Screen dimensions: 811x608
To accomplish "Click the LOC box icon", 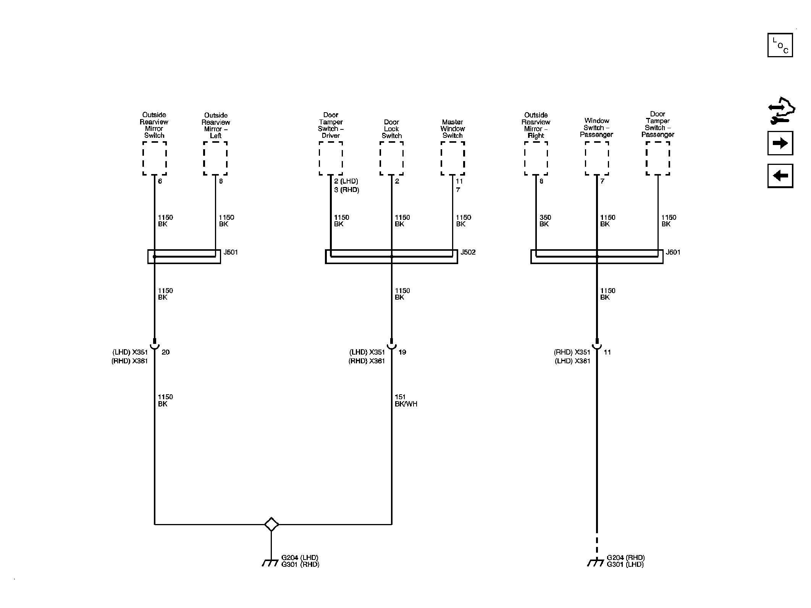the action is point(780,45).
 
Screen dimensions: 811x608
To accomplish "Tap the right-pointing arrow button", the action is point(780,143).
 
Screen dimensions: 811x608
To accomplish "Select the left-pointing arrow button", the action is point(780,176).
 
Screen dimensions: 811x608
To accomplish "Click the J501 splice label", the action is point(231,252).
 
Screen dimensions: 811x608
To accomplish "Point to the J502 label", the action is point(468,252).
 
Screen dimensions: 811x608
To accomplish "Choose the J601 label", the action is point(673,252).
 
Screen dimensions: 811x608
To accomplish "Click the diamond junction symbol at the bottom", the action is point(271,524).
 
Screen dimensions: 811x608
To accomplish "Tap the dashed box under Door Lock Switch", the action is point(392,158).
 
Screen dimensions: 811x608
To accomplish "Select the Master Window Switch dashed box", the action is point(453,158).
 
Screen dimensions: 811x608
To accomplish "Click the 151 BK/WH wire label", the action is point(406,400).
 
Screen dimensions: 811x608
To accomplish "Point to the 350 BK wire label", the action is point(545,221).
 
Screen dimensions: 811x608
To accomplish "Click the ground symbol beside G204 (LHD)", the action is point(270,563).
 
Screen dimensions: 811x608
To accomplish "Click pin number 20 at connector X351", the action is point(165,352).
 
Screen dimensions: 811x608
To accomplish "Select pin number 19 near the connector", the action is point(402,352).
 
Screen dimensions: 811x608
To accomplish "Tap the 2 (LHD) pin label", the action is point(346,181).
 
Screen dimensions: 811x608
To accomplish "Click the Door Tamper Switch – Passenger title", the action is point(658,124).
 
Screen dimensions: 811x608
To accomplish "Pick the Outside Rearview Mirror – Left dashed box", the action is point(215,158).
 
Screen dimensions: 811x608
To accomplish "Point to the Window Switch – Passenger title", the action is point(597,128).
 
